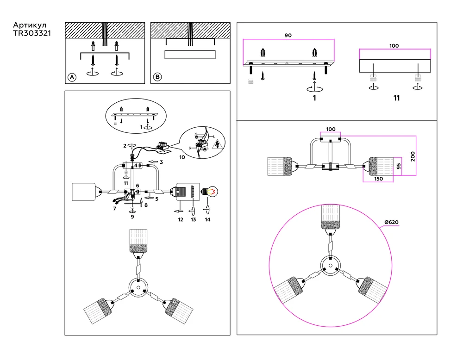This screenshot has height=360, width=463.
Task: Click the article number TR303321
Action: (32, 34)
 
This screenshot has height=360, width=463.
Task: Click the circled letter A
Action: (72, 77)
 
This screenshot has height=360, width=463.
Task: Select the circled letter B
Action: (157, 77)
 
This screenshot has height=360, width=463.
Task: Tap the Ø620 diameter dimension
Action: (391, 223)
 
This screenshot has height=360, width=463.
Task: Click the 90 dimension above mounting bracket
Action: (288, 36)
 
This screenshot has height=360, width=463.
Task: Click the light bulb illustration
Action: (209, 191)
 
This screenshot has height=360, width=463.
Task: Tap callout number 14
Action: (207, 219)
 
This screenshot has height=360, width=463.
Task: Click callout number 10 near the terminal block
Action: (182, 157)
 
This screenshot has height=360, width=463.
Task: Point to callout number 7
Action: (114, 209)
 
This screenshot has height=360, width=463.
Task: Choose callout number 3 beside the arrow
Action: (161, 162)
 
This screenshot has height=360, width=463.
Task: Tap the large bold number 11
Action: (396, 98)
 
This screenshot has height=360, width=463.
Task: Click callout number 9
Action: (132, 216)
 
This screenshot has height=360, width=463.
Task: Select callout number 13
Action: (193, 219)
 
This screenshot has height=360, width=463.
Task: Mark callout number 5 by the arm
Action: (156, 199)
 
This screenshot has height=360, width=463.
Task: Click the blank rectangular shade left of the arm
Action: (84, 192)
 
